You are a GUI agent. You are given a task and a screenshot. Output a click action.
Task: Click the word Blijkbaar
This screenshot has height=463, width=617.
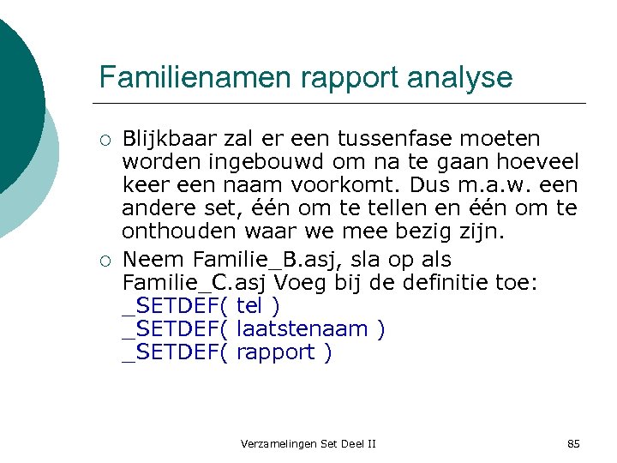click(x=170, y=139)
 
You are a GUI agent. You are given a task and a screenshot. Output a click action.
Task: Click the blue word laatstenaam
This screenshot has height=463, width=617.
click(x=304, y=329)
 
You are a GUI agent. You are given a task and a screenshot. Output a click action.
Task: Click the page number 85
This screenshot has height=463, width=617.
click(x=573, y=443)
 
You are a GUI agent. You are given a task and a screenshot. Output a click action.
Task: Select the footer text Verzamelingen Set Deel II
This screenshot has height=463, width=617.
click(x=308, y=443)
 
